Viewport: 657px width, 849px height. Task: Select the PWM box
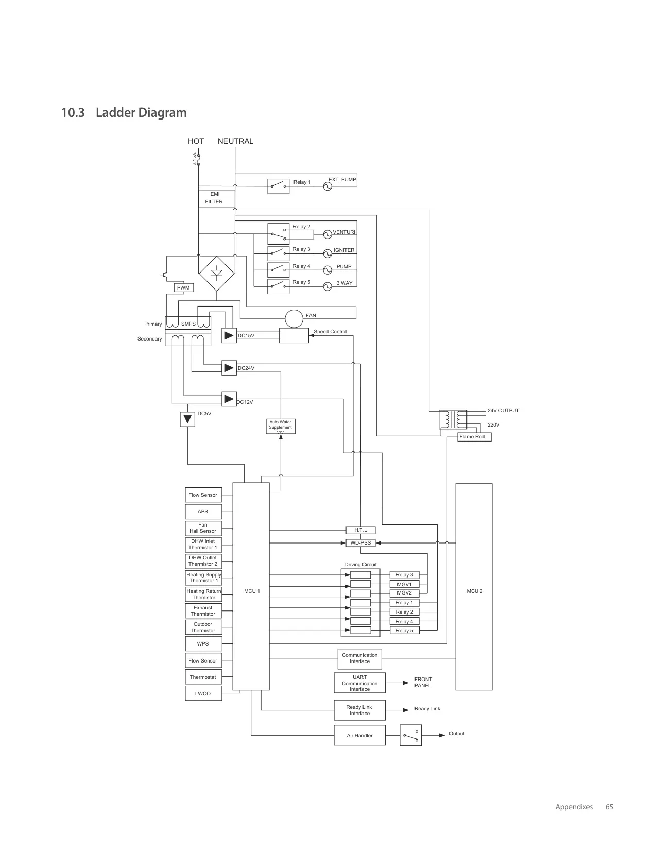[183, 287]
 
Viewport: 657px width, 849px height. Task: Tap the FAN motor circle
[294, 319]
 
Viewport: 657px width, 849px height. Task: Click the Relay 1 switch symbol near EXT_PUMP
[279, 186]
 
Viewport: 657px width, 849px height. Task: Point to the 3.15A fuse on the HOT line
[198, 160]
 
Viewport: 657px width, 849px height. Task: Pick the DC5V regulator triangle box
[187, 419]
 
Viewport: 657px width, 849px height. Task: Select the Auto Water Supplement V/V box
[280, 426]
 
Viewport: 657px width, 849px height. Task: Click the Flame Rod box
[474, 437]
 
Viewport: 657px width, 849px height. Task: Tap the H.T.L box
[361, 530]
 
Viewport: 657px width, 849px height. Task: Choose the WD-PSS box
[361, 543]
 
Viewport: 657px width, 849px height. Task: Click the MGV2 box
[404, 593]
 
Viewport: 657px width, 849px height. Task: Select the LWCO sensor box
[203, 693]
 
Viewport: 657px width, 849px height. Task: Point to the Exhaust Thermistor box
[203, 610]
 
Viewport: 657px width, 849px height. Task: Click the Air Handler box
[359, 735]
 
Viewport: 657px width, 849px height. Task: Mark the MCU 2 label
[475, 591]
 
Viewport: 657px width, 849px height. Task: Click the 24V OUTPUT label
[503, 410]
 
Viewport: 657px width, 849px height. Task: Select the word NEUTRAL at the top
[235, 141]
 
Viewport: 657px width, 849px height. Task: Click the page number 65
[609, 807]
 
